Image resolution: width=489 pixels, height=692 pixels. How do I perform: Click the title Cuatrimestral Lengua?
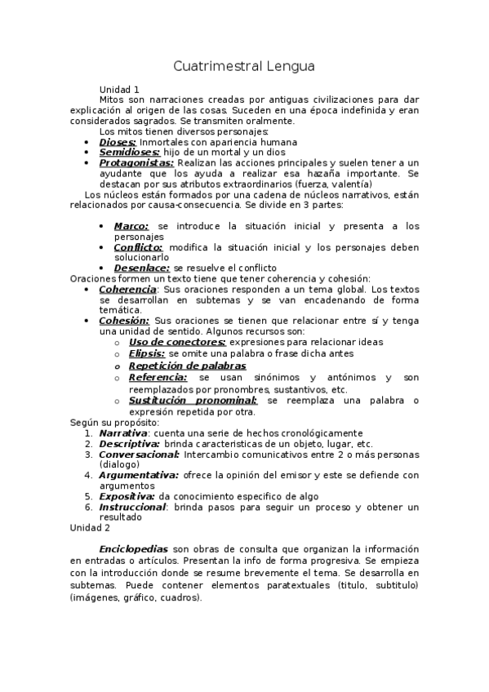point(244,65)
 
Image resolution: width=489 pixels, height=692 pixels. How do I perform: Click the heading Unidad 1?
point(119,89)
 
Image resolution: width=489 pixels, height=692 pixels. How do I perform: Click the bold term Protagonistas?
point(136,162)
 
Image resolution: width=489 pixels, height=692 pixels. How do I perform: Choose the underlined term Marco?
point(131,226)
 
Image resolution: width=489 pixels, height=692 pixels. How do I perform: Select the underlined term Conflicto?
point(138,246)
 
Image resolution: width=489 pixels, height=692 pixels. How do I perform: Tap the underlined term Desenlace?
point(142,268)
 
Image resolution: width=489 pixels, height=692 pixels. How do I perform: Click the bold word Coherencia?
point(127,289)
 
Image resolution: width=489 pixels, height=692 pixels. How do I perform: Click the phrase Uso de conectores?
point(177,342)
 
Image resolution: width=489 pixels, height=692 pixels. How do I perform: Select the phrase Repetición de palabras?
point(187,366)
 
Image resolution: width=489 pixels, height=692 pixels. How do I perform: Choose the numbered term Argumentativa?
point(138,474)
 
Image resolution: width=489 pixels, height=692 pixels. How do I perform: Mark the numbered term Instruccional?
point(131,506)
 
